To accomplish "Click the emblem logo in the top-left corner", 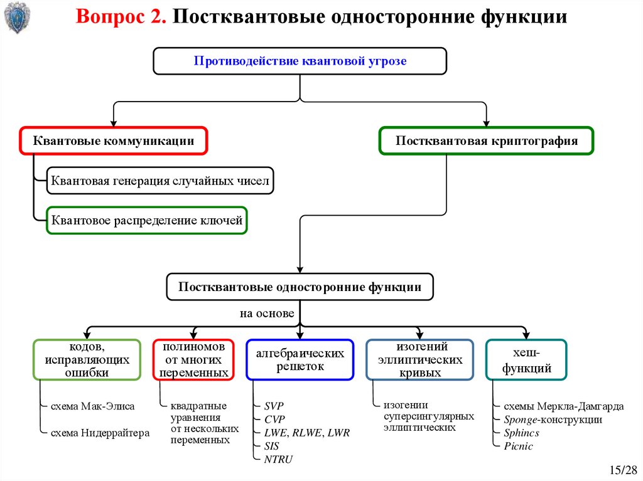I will click(x=15, y=18).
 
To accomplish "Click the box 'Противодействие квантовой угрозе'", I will click(x=300, y=61).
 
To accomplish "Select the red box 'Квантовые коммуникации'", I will click(x=113, y=141).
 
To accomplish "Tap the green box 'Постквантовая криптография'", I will click(x=486, y=141).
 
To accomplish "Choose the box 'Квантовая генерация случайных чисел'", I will click(x=160, y=181).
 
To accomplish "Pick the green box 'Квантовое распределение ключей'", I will click(x=147, y=220).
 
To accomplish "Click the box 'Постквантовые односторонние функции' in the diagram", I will click(x=300, y=287).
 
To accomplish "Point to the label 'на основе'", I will click(x=266, y=314).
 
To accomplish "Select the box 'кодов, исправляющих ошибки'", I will click(x=87, y=359).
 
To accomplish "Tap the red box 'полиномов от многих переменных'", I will click(x=193, y=359).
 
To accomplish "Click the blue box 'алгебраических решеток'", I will click(x=300, y=359).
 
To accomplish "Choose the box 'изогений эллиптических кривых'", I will click(x=419, y=359).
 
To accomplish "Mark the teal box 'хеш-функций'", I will click(x=526, y=359).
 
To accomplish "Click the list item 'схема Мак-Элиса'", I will click(x=92, y=406).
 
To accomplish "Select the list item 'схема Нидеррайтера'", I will click(x=100, y=433).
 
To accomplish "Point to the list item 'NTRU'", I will click(x=278, y=459).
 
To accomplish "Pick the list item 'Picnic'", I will click(x=518, y=446).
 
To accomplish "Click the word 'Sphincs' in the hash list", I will click(x=521, y=433).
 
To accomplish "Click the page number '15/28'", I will click(x=622, y=470).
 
